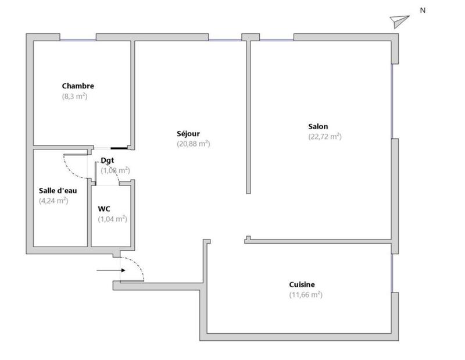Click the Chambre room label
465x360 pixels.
[78, 86]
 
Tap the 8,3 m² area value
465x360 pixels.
[74, 97]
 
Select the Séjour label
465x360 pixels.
[189, 133]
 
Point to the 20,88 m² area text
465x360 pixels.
[193, 144]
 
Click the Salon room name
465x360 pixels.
[318, 126]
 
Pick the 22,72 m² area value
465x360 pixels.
[324, 137]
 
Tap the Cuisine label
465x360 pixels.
[302, 284]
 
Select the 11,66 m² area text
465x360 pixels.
[306, 295]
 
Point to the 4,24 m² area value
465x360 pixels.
[53, 201]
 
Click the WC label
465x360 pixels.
[105, 208]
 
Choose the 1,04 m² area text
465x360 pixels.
[112, 219]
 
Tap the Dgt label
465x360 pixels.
[107, 160]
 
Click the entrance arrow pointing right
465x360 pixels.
[108, 270]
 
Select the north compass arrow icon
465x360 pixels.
[400, 21]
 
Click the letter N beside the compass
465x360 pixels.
[423, 10]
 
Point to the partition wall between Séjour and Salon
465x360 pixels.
[248, 116]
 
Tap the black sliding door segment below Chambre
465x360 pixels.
[120, 148]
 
